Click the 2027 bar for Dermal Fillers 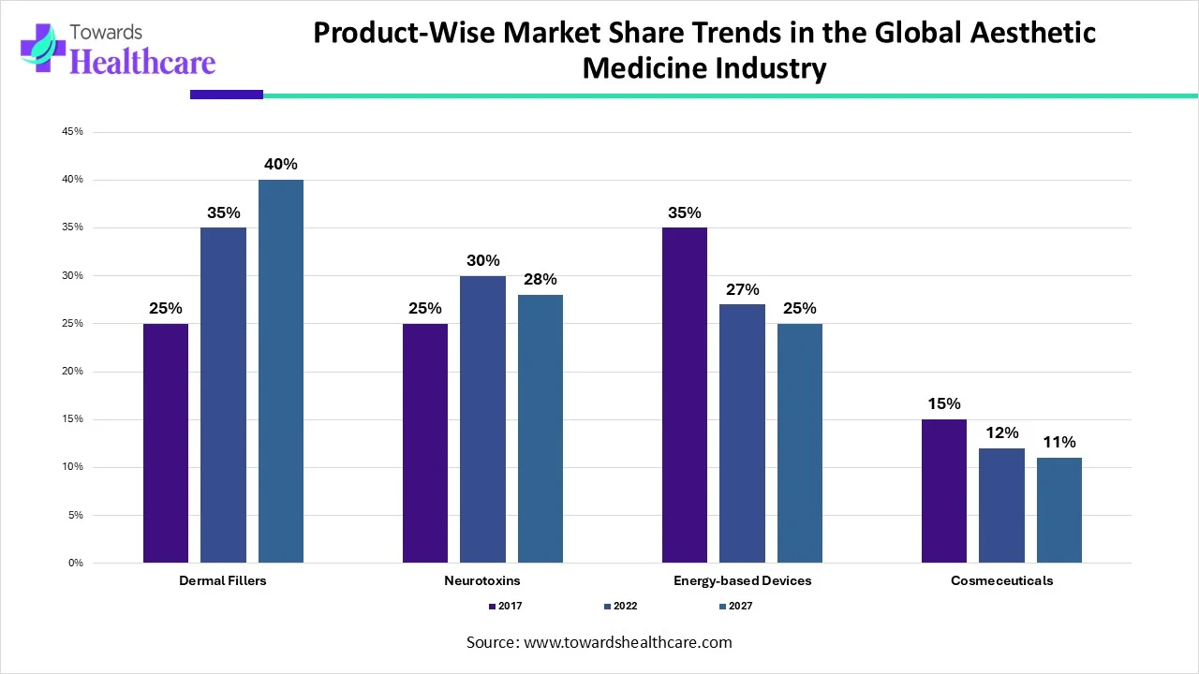281,371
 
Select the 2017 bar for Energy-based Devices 684,395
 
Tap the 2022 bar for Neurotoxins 482,418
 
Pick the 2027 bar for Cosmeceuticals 1058,510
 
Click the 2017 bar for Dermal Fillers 166,443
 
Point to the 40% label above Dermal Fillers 281,165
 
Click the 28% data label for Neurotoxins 540,279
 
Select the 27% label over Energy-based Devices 742,289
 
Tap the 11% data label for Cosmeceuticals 1058,442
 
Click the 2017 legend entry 506,606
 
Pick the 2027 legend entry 735,606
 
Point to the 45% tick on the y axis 72,132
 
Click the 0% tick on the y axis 75,563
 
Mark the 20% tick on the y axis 72,372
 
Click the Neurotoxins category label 482,580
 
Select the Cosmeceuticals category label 1001,580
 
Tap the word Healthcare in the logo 142,62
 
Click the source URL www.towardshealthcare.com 628,642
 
